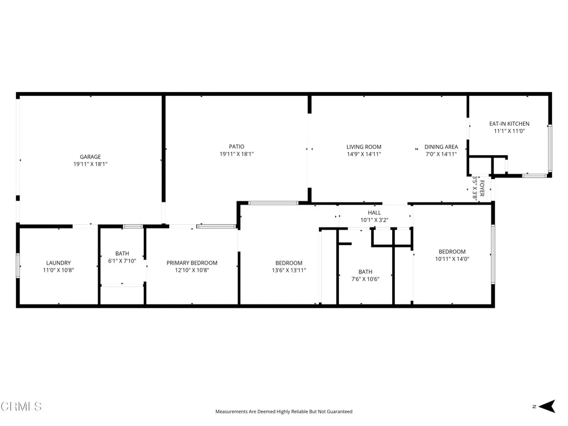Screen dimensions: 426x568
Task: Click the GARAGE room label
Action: click(90, 157)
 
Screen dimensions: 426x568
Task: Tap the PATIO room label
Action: click(236, 147)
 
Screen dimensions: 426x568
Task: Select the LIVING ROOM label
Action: click(364, 147)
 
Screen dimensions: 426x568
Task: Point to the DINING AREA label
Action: click(441, 147)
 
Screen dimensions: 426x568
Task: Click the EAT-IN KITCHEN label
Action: click(509, 124)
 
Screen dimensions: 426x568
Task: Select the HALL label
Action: click(374, 212)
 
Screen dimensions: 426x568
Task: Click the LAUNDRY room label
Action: click(58, 263)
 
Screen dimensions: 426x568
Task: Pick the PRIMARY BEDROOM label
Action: click(192, 263)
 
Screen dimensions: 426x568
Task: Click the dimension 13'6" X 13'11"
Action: click(289, 271)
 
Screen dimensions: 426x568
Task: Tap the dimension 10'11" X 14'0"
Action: click(452, 259)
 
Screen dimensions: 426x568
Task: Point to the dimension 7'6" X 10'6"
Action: click(366, 280)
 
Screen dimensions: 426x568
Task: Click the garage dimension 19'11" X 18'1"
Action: click(90, 164)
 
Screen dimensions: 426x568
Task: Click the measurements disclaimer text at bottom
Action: click(283, 412)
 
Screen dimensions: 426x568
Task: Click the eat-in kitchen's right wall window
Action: click(550, 148)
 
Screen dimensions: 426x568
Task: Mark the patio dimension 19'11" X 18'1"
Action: click(236, 154)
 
